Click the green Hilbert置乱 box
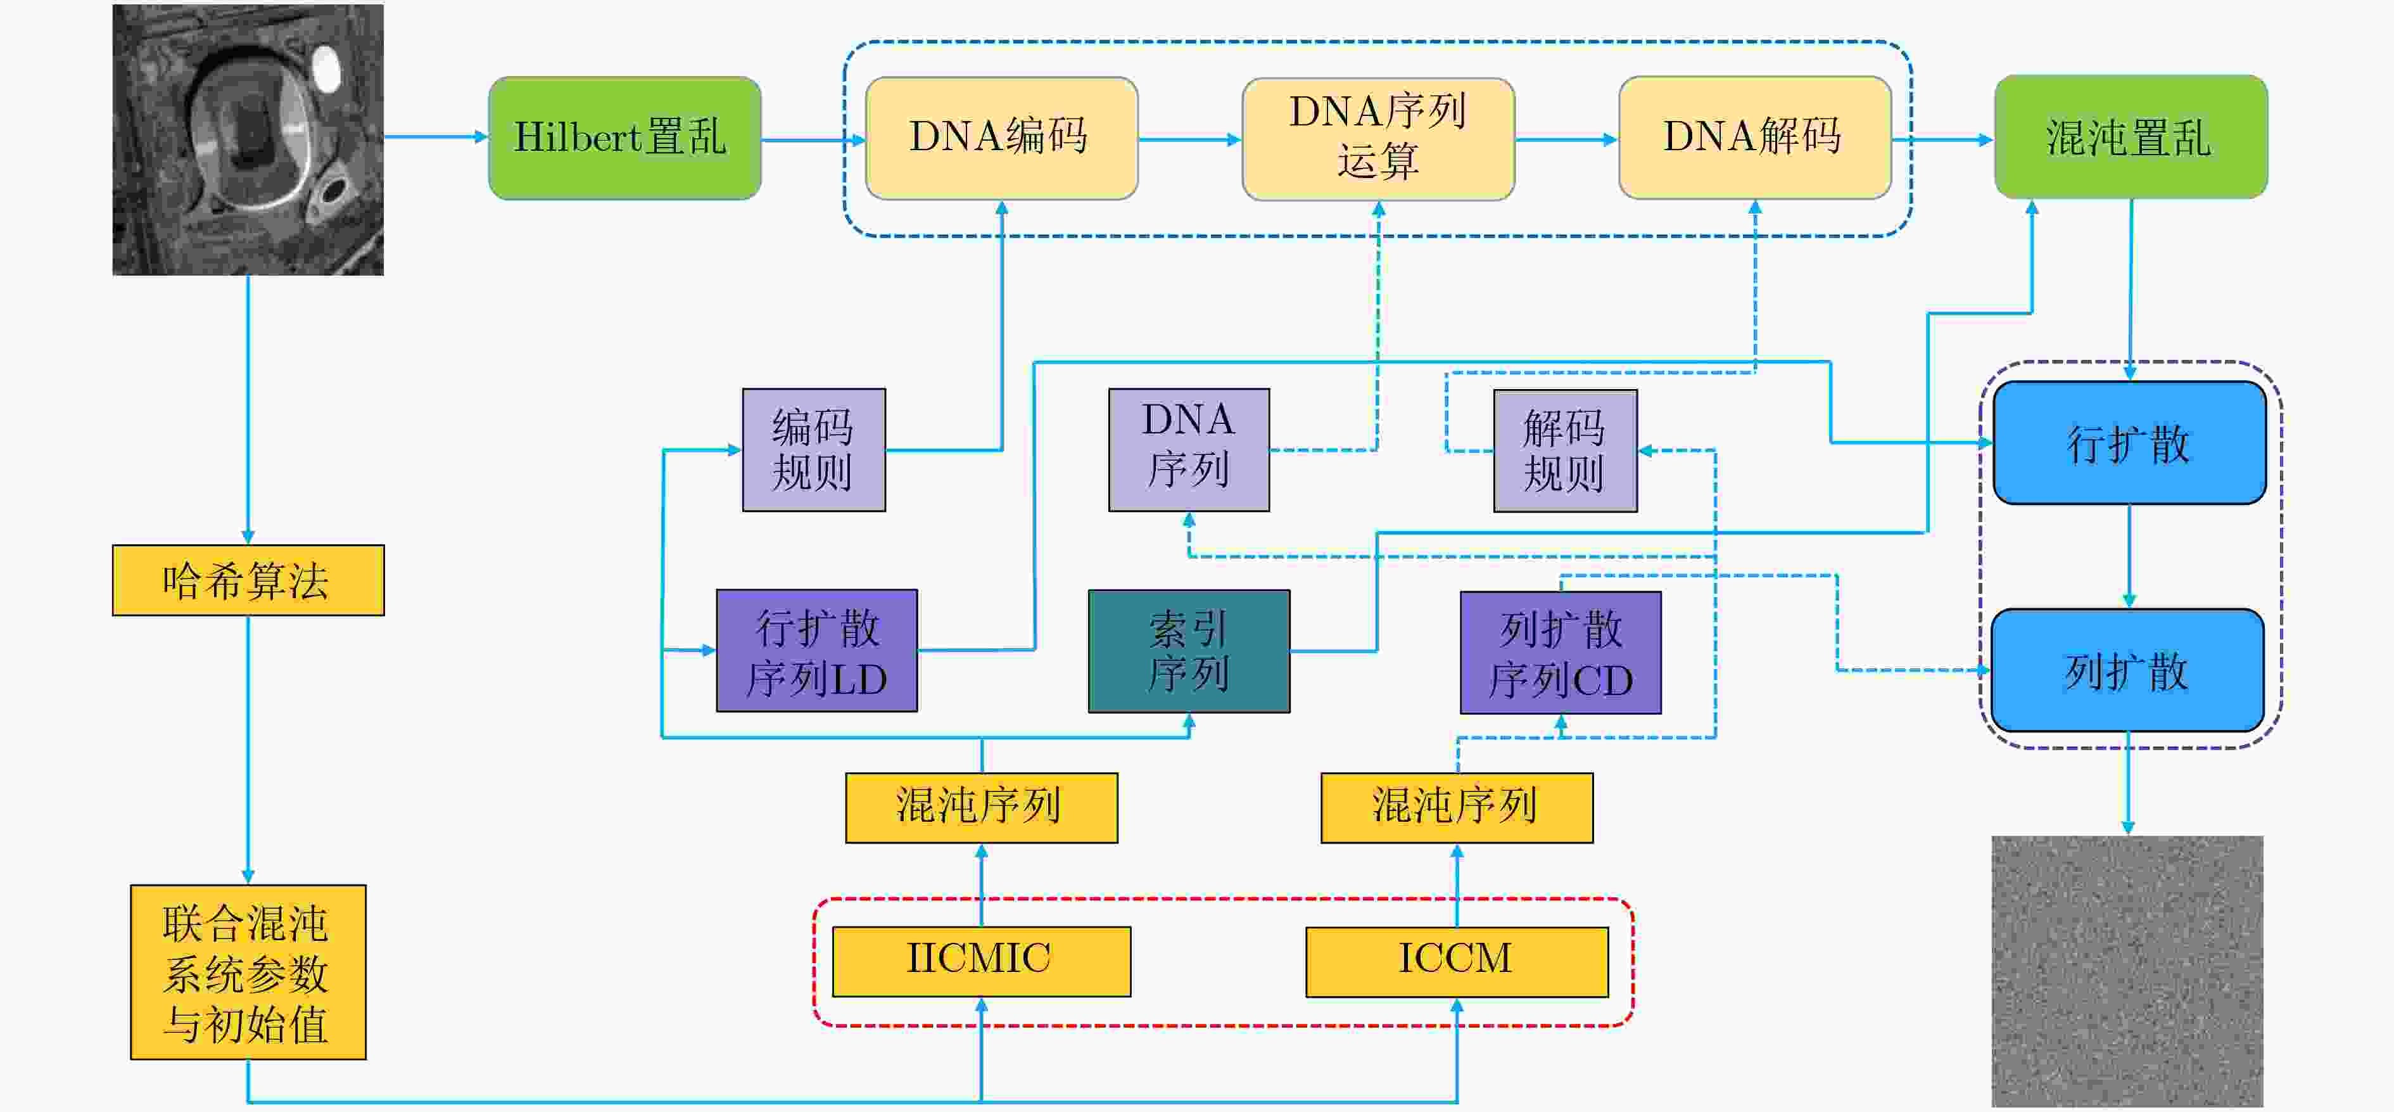(624, 137)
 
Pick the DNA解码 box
(1754, 137)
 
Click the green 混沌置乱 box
(2131, 137)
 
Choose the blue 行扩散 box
(2129, 442)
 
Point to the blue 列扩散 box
(2127, 670)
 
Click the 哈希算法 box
(248, 580)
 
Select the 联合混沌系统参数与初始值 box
(248, 971)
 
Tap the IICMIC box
(982, 961)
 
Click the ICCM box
(1456, 961)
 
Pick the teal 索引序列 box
(1189, 651)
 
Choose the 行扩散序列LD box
(817, 651)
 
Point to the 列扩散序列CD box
(1561, 652)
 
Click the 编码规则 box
(814, 450)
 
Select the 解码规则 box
(1565, 450)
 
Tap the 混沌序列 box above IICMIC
(982, 808)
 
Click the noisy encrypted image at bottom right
(2127, 971)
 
